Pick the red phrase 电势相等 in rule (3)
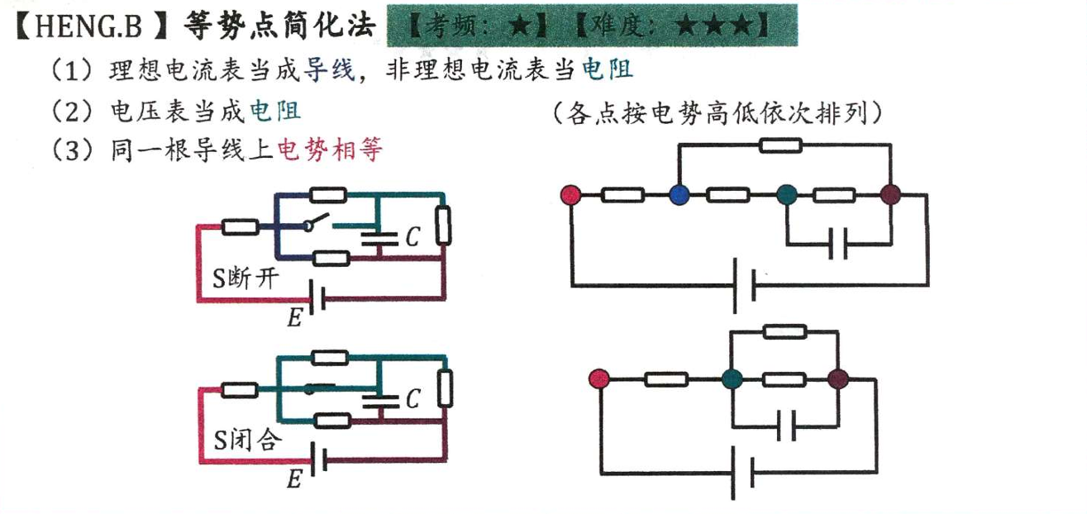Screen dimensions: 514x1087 point(328,150)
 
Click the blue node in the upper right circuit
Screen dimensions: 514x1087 point(679,196)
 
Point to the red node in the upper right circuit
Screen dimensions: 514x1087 point(570,196)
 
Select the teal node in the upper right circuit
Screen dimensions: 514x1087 point(786,196)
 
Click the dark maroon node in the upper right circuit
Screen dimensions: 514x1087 point(889,196)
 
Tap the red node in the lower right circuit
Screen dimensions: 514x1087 point(599,379)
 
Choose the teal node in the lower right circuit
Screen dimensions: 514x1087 point(730,379)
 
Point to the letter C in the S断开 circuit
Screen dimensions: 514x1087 point(412,238)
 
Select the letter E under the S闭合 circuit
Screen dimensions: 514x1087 point(294,479)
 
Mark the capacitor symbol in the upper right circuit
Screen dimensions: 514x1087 point(838,245)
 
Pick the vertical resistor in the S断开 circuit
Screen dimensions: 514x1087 point(444,226)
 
